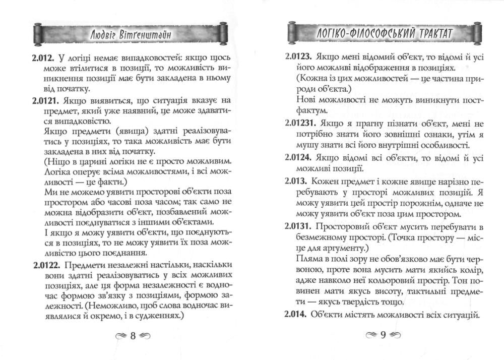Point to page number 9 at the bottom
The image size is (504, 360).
click(383, 336)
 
